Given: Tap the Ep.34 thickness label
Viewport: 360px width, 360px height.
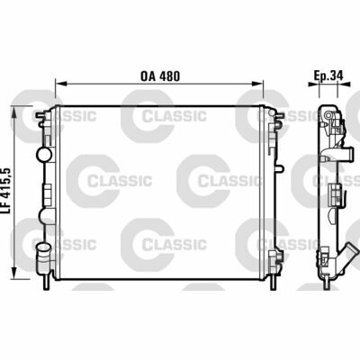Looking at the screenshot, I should (x=326, y=76).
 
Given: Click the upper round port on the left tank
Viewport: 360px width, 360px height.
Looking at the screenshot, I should (x=42, y=154).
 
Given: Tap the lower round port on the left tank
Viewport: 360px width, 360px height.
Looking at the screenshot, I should (x=41, y=245).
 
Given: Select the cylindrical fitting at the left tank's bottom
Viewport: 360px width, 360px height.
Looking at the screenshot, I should (x=40, y=261).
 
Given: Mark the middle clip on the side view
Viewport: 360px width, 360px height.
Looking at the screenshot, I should (x=335, y=191).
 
